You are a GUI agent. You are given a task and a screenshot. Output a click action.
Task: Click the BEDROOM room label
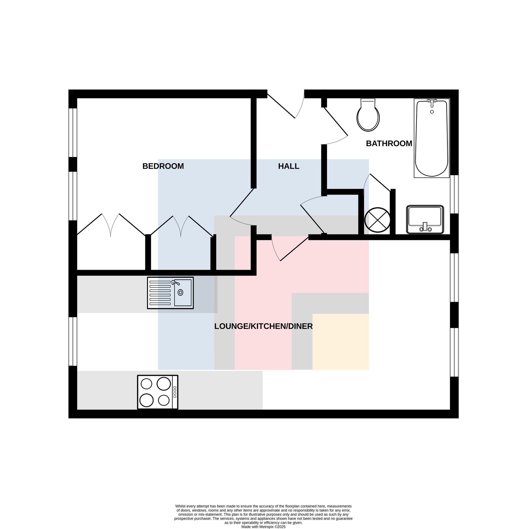tap(163, 166)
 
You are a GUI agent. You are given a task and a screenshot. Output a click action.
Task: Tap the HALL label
tap(289, 166)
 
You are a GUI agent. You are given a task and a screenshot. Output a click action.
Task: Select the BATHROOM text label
tap(389, 143)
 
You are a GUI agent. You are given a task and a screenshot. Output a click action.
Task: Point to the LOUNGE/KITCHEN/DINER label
tap(263, 326)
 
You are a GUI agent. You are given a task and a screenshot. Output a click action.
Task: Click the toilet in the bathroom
tap(368, 115)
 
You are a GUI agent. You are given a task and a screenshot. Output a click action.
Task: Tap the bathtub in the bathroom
tap(432, 138)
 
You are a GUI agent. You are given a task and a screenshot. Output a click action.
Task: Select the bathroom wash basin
tap(425, 219)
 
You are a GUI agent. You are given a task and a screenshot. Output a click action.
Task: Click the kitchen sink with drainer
tap(170, 293)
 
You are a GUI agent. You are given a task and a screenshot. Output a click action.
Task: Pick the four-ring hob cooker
tap(158, 392)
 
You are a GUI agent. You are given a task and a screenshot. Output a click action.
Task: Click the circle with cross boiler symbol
tap(377, 220)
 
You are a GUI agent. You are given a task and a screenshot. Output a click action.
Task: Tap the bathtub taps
tap(432, 102)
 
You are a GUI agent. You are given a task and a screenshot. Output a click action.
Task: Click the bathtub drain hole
tap(432, 112)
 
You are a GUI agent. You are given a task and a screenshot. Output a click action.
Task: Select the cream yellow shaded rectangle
tap(341, 342)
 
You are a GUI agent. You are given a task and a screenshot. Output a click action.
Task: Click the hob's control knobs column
tap(175, 392)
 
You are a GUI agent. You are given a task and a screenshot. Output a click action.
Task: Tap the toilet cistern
tap(368, 103)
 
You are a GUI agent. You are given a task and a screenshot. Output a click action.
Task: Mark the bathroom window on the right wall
tap(454, 194)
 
